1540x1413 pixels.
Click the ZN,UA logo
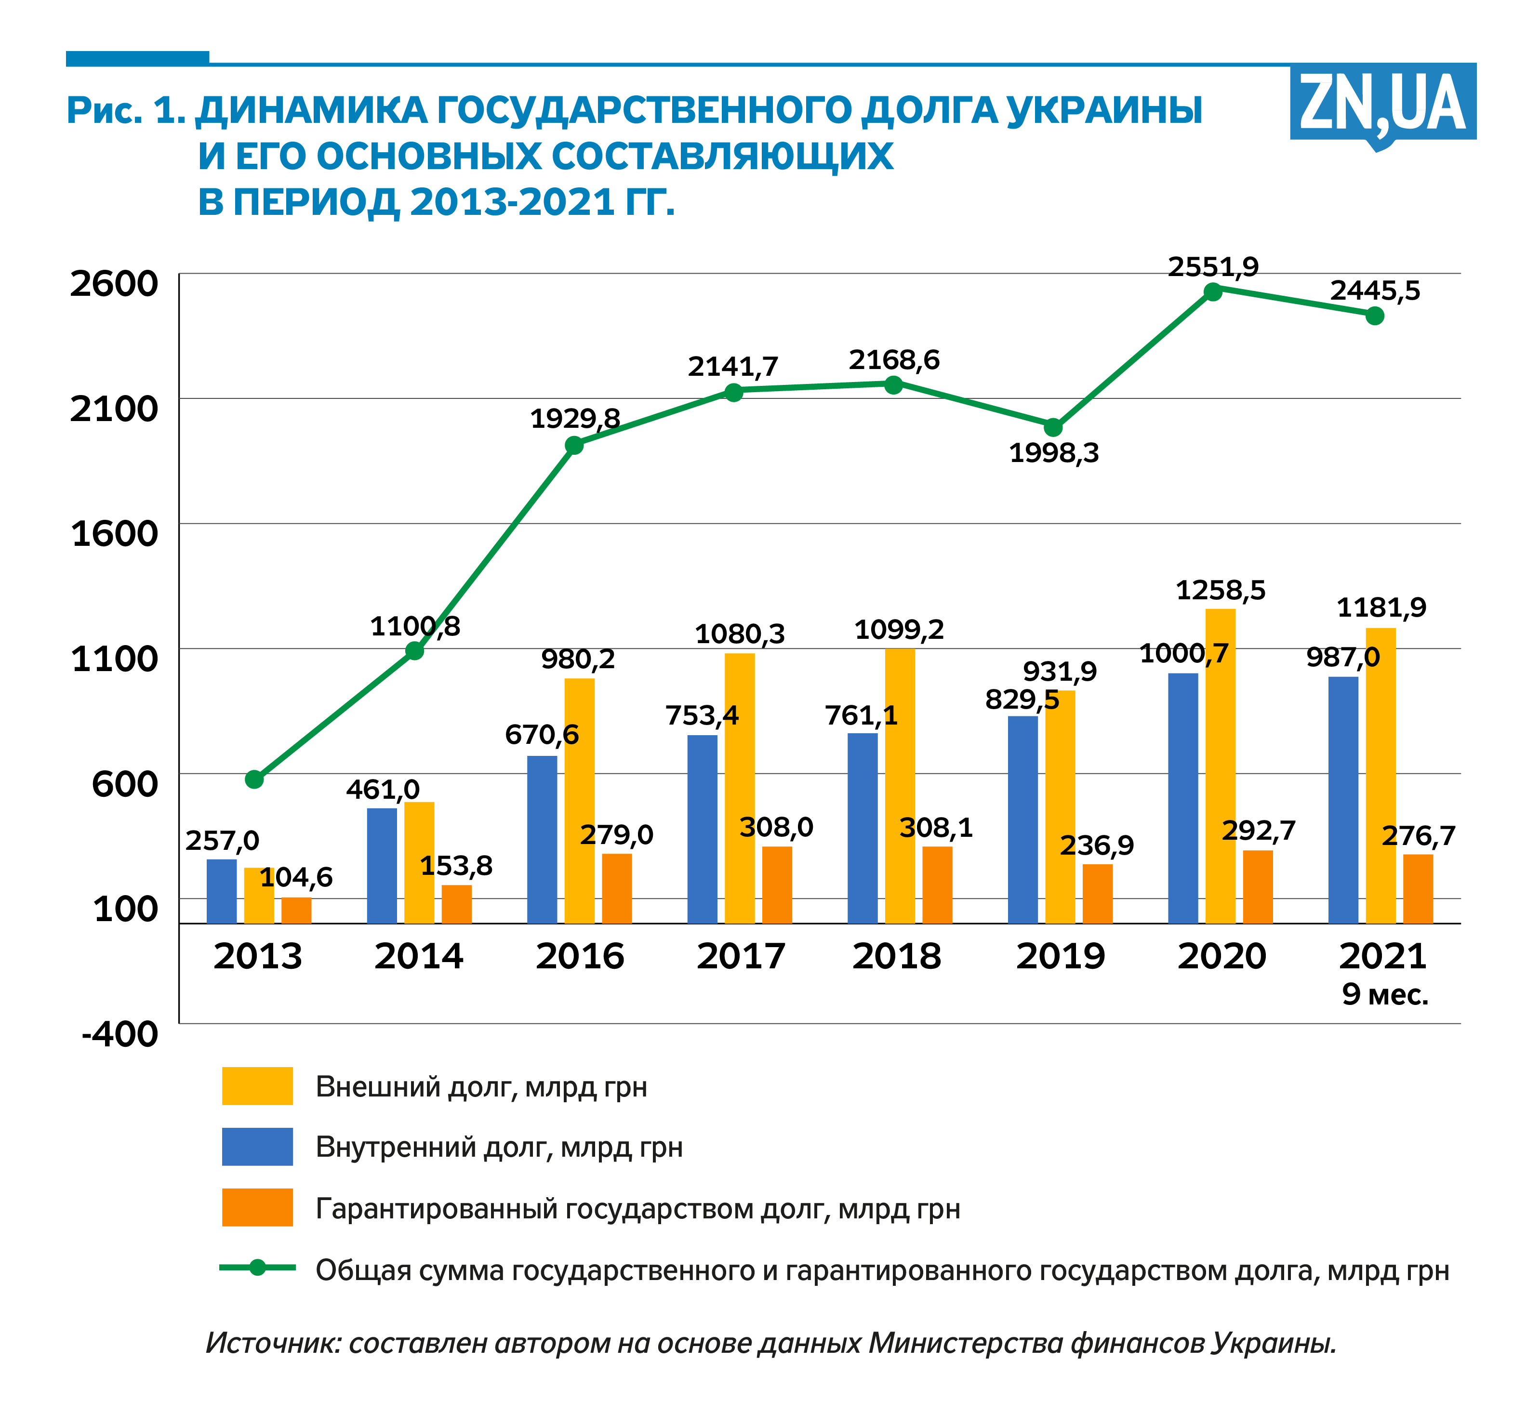[x=1382, y=103]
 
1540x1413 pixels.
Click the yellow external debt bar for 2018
[x=900, y=786]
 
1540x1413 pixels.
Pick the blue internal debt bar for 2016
[x=542, y=840]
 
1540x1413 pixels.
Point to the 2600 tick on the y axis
[x=114, y=284]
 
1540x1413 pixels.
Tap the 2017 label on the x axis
[x=740, y=956]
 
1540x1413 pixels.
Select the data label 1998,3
[x=1054, y=453]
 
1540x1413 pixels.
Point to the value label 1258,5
[x=1221, y=590]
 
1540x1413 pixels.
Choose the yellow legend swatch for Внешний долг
[x=257, y=1086]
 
